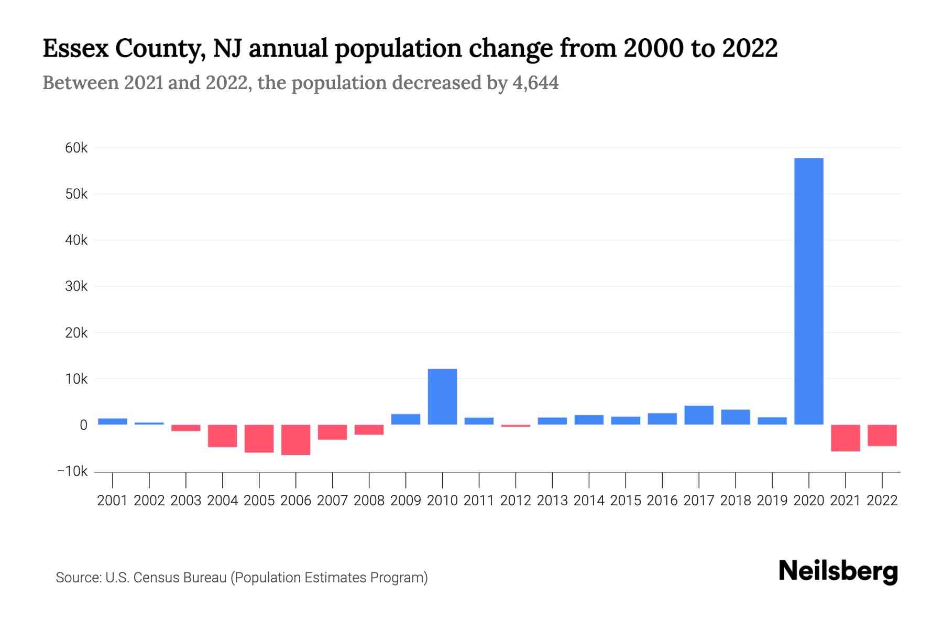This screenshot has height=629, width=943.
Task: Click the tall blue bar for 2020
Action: [808, 291]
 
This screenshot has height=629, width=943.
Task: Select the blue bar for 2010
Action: [442, 397]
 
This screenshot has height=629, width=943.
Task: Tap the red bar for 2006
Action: [295, 440]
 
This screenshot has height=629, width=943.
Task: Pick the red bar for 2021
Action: [845, 438]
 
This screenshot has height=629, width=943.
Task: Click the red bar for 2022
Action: [882, 435]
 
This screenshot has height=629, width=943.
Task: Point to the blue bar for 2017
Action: [698, 415]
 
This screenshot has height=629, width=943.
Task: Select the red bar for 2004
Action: [222, 436]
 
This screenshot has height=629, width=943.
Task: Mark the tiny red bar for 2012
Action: [516, 426]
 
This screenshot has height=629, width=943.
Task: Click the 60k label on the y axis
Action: [76, 148]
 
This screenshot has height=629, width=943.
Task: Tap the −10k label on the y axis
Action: [73, 471]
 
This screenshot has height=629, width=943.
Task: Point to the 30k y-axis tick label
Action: [76, 287]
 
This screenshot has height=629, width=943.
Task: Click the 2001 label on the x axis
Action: [112, 501]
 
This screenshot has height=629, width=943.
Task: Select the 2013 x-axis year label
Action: [552, 501]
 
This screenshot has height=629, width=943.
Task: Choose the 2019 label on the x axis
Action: [772, 501]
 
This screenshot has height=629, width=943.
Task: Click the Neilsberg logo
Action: [838, 571]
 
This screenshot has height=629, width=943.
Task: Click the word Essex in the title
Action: [75, 48]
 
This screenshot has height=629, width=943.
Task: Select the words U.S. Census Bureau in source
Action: [166, 578]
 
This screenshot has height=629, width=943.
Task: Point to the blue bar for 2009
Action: [405, 419]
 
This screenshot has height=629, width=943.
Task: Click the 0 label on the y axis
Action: [83, 425]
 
